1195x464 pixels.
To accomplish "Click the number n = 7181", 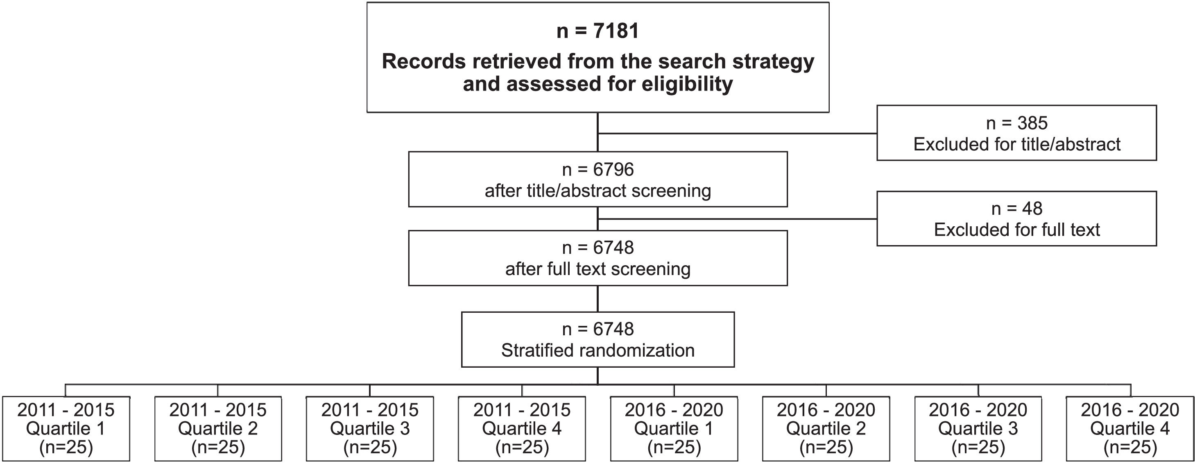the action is (x=597, y=31).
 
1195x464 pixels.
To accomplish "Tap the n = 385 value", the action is (x=1016, y=123).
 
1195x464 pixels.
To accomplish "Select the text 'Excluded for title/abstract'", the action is (x=1016, y=144).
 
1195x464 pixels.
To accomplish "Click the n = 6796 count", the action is (x=597, y=170).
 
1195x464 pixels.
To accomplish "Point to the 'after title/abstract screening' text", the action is (x=597, y=191).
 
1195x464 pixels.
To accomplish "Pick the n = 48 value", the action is (x=1016, y=209).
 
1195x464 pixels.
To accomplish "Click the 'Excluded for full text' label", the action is (x=1016, y=230).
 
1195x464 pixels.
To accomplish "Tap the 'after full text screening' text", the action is (x=597, y=269).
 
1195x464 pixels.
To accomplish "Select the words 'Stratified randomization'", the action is (x=597, y=350).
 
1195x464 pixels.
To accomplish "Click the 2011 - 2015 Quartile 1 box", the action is (x=66, y=428).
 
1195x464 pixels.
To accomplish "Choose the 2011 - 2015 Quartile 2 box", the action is (x=218, y=428).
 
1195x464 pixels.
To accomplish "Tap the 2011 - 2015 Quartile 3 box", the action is (x=370, y=428).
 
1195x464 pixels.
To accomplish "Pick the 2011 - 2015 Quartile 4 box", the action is (x=522, y=428).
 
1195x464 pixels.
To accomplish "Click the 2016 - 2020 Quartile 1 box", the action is (x=674, y=428).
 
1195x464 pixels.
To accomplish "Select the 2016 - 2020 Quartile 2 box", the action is (x=826, y=428).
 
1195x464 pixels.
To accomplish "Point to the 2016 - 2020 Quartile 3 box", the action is (x=978, y=428).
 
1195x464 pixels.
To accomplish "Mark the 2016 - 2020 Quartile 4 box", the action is (x=1129, y=428).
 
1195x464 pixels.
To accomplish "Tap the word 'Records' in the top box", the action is (x=423, y=62).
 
